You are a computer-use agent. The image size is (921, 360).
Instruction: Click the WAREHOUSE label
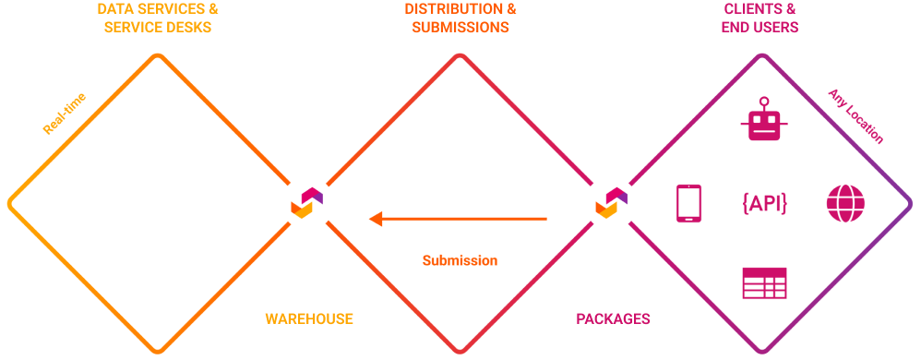309,318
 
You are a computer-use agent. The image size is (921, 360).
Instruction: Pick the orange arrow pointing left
458,219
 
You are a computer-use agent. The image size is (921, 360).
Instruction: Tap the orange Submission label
460,260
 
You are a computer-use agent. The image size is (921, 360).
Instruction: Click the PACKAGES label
613,318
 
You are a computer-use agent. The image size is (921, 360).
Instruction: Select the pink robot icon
764,119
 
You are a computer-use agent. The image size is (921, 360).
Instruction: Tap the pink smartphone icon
688,203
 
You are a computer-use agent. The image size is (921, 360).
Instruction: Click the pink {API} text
764,203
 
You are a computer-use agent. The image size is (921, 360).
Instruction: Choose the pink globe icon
842,203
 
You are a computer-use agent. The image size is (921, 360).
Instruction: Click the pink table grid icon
764,283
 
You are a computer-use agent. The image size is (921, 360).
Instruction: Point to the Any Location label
855,116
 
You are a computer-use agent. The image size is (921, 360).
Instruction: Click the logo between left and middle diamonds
306,202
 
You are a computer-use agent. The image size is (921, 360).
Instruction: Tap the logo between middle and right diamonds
610,202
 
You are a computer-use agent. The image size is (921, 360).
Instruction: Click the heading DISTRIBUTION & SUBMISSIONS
460,18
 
